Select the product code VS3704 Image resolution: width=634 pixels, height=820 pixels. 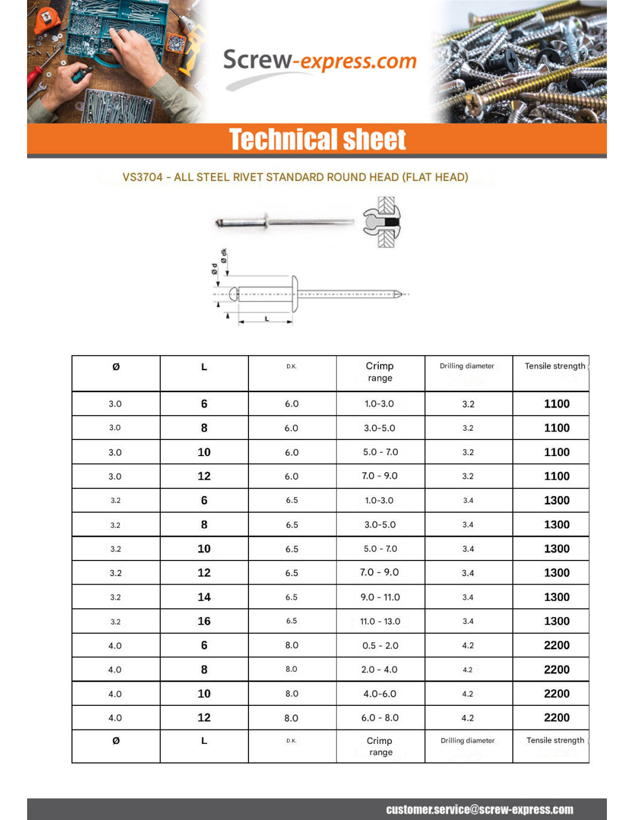142,178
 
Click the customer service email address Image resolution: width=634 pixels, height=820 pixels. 480,810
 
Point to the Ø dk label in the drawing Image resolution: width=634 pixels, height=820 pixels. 224,255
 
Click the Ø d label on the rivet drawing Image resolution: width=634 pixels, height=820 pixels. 214,269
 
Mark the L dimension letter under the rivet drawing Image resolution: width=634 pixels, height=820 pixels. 266,318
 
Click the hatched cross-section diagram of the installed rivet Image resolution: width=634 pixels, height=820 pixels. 383,223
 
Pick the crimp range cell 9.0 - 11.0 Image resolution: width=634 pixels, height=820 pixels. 380,597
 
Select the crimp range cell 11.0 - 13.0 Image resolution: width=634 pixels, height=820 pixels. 380,622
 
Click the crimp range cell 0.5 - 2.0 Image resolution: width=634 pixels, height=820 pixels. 380,646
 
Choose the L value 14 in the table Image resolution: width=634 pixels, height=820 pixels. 204,597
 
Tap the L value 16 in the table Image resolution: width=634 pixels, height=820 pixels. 204,622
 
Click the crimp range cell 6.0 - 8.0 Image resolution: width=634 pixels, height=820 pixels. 380,718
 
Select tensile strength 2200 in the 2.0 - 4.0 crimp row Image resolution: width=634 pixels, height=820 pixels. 556,670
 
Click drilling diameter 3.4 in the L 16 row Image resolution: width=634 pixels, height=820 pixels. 468,622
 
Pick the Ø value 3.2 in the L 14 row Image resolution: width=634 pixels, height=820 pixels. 115,597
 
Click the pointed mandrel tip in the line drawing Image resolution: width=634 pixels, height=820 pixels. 398,294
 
